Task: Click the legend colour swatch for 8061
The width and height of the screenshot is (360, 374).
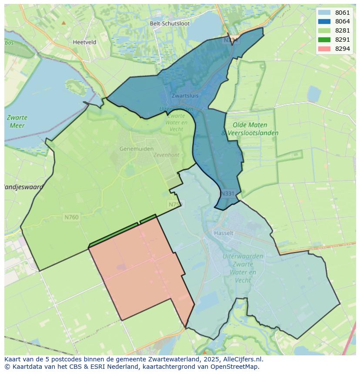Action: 324,13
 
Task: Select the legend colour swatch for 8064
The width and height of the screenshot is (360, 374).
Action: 324,22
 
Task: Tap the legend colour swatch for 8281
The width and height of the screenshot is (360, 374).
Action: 324,30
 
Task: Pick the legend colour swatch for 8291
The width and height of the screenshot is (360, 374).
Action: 324,40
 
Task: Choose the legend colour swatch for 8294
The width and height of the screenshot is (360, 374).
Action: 324,49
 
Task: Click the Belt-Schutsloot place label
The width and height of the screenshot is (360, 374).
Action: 170,23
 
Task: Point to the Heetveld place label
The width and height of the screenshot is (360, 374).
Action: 85,43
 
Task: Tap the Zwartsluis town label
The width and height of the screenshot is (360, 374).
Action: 185,96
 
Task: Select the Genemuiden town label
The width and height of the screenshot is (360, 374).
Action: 137,149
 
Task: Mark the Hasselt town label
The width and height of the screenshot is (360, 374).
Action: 223,233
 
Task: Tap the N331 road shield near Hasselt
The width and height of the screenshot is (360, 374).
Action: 227,194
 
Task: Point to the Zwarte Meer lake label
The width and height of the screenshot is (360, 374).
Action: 17,122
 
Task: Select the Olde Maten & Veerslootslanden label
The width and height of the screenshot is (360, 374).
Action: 250,129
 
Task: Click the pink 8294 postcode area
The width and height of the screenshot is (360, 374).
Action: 139,269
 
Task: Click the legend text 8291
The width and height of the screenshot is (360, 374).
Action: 343,40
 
